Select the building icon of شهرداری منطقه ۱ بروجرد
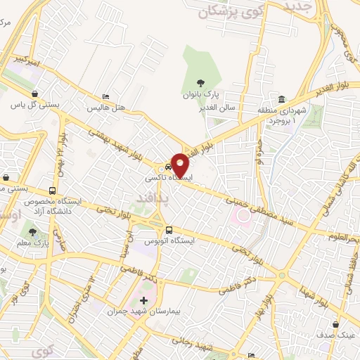point(281,98)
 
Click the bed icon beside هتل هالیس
point(105,96)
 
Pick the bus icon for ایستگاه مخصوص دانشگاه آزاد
point(53,191)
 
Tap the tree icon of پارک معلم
point(32,232)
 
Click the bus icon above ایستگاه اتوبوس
point(168,230)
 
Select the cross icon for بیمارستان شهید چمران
point(144,301)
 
